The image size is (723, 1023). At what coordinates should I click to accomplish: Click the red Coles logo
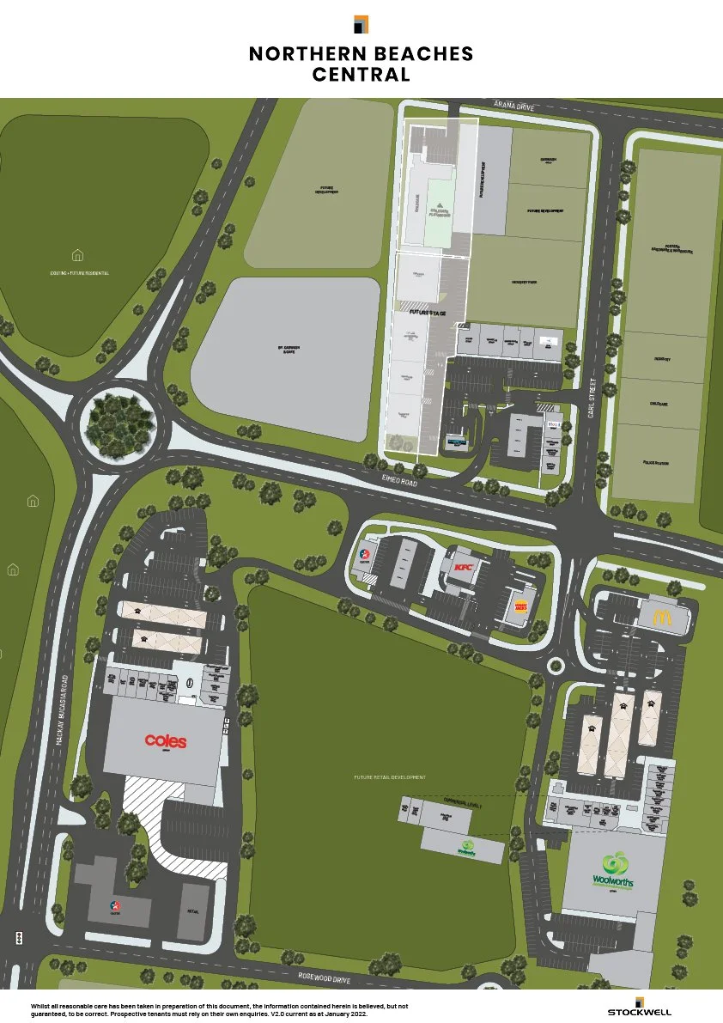click(x=165, y=740)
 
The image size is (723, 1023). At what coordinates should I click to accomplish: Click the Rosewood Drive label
click(x=349, y=979)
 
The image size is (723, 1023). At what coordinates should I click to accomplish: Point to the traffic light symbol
click(x=19, y=937)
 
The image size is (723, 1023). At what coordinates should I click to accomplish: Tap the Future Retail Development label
click(x=390, y=777)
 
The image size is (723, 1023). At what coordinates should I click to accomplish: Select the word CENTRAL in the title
click(x=361, y=75)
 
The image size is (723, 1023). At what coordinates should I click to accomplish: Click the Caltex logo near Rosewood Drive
click(x=115, y=905)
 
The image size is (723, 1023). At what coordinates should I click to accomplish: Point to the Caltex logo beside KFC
click(x=365, y=553)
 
